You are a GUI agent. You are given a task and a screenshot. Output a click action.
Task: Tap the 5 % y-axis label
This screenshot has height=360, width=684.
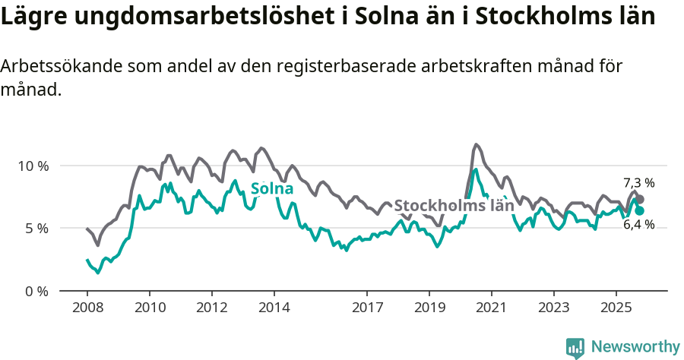[x=36, y=228]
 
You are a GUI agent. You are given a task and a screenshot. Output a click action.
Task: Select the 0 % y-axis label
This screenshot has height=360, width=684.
[x=36, y=291]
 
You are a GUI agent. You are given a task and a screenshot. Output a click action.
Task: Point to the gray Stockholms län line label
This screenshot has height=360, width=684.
[x=454, y=205]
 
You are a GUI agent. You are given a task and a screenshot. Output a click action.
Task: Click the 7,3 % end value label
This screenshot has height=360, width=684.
[x=638, y=183]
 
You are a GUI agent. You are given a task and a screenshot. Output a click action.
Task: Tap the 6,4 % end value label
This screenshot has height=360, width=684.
[x=638, y=225]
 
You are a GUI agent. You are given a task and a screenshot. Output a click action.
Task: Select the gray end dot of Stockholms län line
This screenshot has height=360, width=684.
[x=640, y=199]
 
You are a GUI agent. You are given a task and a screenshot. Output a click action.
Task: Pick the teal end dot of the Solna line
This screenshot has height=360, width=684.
[x=640, y=210]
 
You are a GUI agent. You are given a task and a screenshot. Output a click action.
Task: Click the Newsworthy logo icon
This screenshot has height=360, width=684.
[x=575, y=347]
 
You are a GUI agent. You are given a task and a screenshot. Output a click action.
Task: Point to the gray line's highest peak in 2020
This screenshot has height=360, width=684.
[x=477, y=144]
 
